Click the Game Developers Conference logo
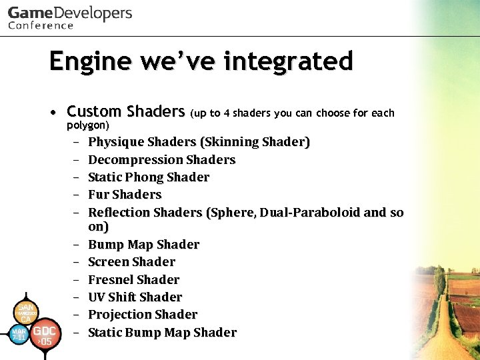point(70,17)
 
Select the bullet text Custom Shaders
point(125,111)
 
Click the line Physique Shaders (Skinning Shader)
point(199,142)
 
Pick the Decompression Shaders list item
point(161,160)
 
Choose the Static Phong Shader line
point(148,177)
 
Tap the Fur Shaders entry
point(125,195)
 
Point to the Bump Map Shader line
point(143,245)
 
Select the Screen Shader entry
point(131,262)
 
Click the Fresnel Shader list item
point(133,279)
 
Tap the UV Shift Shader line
point(135,297)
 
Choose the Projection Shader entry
point(143,314)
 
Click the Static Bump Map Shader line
point(162,332)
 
